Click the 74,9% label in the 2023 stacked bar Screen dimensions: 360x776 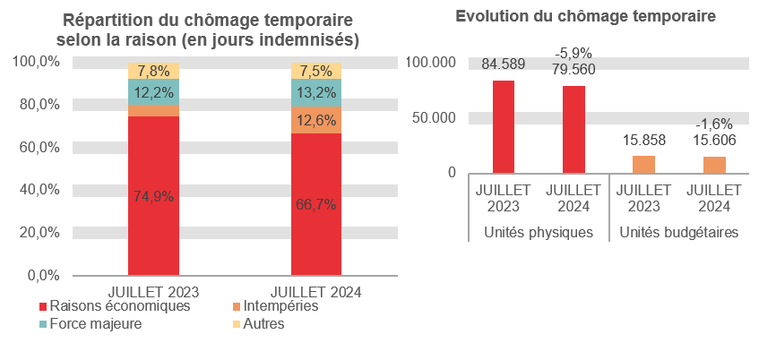pos(153,198)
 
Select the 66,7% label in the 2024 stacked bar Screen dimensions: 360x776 pos(315,204)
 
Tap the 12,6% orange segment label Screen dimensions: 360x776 pos(315,120)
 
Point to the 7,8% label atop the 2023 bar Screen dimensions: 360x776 pos(153,71)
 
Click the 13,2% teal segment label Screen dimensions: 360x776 pos(315,93)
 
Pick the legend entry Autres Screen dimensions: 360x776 pos(263,324)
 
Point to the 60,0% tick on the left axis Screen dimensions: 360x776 pos(37,147)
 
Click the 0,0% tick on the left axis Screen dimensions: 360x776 pos(40,275)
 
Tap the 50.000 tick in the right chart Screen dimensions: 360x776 pos(432,117)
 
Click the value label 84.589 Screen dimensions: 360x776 pos(504,64)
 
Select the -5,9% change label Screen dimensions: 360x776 pos(573,53)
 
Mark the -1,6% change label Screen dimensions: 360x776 pos(713,124)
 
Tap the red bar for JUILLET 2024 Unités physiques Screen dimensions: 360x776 pos(573,129)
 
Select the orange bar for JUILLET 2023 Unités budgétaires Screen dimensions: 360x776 pos(643,164)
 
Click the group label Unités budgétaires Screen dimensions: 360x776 pos(678,233)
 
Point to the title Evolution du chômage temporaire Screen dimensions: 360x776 pos(585,16)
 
